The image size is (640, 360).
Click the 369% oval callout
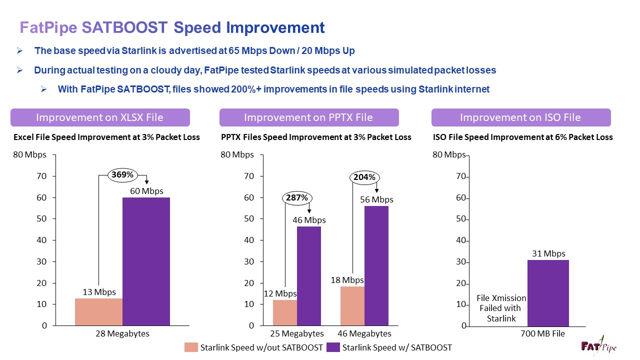pos(122,174)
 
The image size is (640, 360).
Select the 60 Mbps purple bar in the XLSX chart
pos(146,261)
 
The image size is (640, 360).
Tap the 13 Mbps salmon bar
pos(99,312)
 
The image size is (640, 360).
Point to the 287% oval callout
pos(297,197)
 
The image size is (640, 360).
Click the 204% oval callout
pos(364,177)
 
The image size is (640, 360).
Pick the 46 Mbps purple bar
pos(309,276)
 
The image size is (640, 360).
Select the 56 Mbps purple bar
pos(376,265)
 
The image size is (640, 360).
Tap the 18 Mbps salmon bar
pos(352,306)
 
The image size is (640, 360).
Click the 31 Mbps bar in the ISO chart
pos(548,293)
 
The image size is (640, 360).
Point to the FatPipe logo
pos(598,346)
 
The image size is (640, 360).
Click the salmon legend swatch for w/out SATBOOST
pos(191,347)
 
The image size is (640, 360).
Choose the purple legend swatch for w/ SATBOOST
pos(333,347)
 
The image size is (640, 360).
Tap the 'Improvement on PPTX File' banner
pos(309,117)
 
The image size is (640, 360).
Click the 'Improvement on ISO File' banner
pos(521,117)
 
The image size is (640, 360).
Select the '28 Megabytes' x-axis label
pos(122,333)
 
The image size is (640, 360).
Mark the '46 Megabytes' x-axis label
pos(364,333)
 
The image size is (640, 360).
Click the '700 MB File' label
pos(542,333)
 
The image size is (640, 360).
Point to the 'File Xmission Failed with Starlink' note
pos(501,308)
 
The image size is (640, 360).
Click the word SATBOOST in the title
pos(124,27)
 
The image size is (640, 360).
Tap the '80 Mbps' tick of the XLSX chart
pos(29,154)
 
